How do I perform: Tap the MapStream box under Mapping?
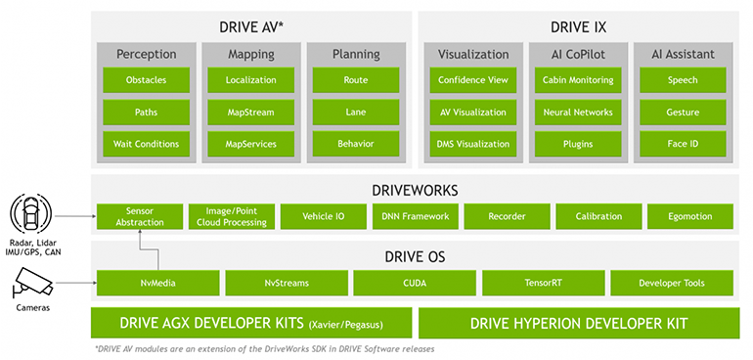[x=250, y=112]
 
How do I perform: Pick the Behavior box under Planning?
[x=355, y=144]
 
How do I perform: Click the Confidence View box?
[x=473, y=80]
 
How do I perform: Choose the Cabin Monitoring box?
[x=578, y=80]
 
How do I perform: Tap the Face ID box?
[x=682, y=144]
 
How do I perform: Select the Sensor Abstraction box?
[x=139, y=215]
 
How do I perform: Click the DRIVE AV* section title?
[x=250, y=25]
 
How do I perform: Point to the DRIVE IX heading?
[x=578, y=25]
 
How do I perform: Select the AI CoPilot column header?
[x=578, y=55]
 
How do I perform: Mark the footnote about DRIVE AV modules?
[x=264, y=349]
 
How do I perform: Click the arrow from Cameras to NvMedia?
[x=73, y=284]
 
